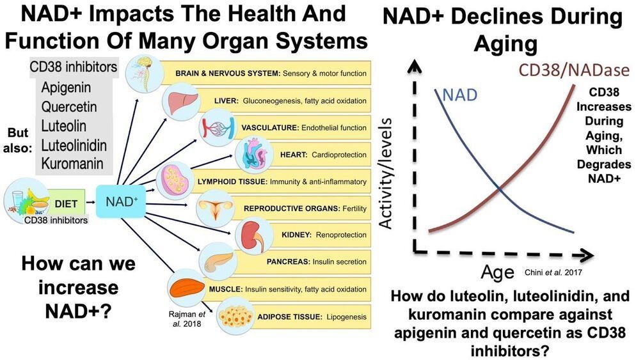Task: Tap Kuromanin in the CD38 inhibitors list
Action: [72, 164]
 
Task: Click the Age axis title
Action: [497, 272]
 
